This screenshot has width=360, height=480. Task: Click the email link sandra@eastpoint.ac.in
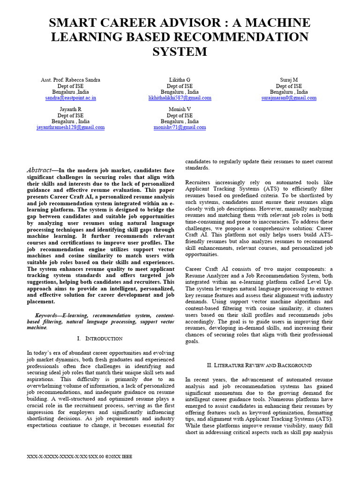[x=70, y=98]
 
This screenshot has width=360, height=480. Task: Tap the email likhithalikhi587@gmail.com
[x=180, y=98]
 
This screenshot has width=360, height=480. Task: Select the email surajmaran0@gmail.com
[x=289, y=98]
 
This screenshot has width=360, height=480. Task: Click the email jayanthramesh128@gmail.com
[x=70, y=127]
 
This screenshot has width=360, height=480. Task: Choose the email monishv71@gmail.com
[x=180, y=127]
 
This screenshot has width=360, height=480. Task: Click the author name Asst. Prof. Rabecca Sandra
[x=70, y=80]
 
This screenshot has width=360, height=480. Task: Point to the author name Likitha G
[x=180, y=80]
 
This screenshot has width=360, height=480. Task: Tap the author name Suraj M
[x=289, y=80]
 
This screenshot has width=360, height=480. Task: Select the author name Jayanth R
[x=70, y=109]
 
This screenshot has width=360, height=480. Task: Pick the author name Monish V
[x=180, y=109]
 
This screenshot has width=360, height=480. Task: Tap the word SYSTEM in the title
[x=180, y=51]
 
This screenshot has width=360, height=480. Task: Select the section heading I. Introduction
[x=99, y=338]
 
